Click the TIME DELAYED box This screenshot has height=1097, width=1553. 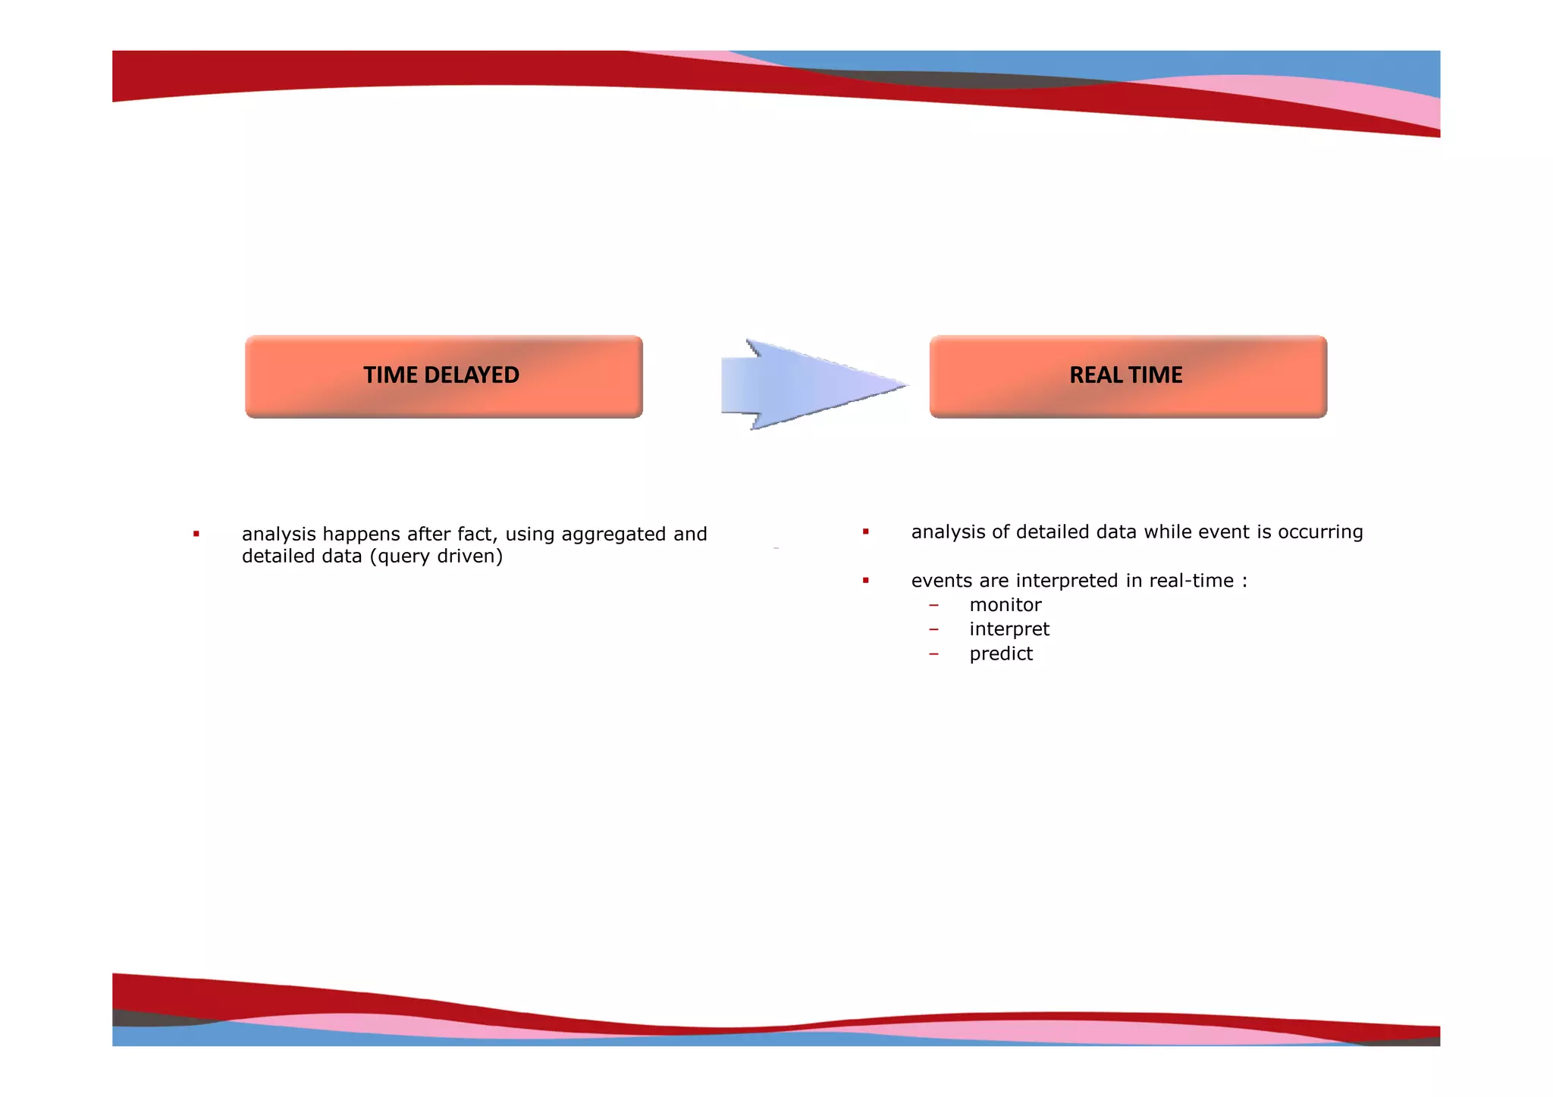tap(444, 377)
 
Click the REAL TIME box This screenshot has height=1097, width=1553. tap(1128, 377)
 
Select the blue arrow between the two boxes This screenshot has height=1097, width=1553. tap(808, 384)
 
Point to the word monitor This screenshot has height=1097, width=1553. tap(1005, 605)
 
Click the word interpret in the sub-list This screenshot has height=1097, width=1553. tap(1009, 629)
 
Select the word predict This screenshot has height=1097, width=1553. tap(1001, 653)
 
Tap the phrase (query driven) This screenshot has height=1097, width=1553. tap(436, 556)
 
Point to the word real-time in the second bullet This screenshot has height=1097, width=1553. tap(1191, 581)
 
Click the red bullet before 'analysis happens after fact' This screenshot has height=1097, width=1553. tap(196, 534)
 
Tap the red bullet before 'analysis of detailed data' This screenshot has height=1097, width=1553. tap(865, 532)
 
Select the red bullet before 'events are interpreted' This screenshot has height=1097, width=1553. tap(865, 581)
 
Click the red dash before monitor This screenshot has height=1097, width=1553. tap(933, 605)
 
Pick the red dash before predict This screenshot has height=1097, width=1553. tap(933, 653)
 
